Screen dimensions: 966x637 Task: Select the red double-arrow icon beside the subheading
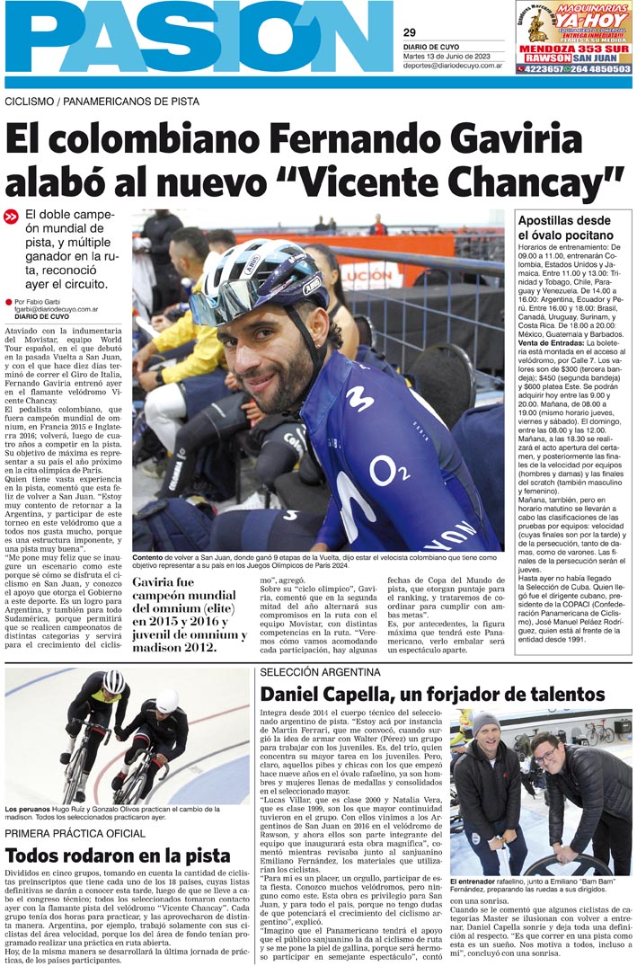click(x=12, y=217)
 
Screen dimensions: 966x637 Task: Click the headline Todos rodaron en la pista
click(x=118, y=855)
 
